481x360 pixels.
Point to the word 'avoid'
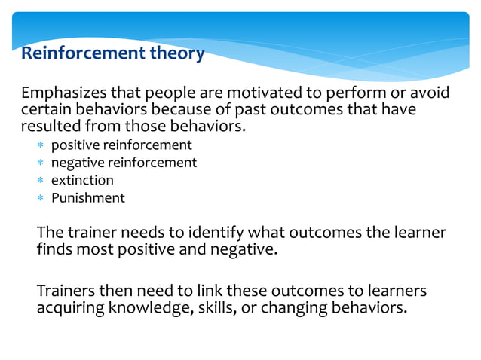(432, 93)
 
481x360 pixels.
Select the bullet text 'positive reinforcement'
(121, 145)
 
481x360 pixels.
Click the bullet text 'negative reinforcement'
(124, 163)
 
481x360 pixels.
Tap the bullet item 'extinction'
(82, 181)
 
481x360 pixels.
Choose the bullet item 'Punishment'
(87, 199)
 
